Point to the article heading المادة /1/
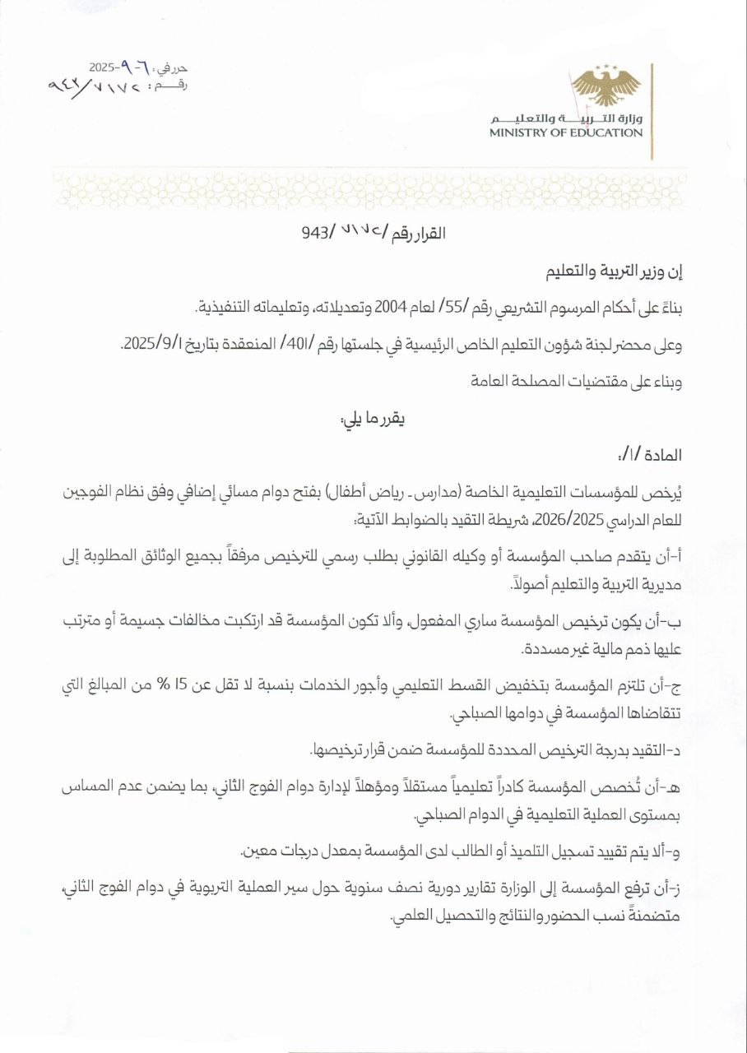pyautogui.click(x=654, y=455)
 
